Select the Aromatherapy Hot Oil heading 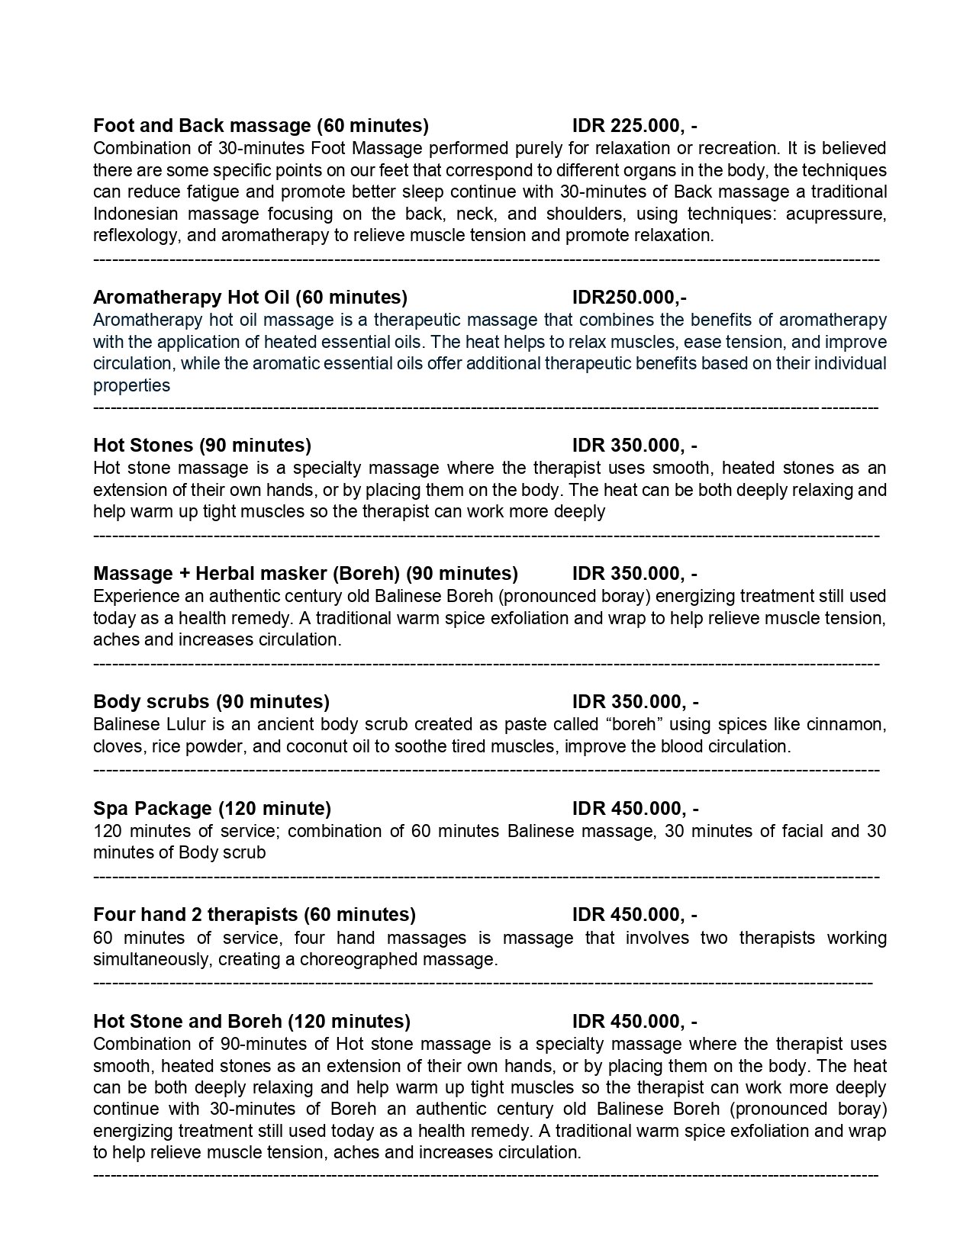(250, 297)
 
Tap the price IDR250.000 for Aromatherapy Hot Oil (629, 297)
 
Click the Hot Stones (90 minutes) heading (201, 445)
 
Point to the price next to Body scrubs (635, 701)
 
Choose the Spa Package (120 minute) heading (211, 808)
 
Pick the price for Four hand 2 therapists (634, 914)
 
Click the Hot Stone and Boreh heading (251, 1021)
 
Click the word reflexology (136, 235)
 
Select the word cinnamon (847, 724)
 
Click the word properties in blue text (131, 385)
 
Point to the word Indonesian (137, 214)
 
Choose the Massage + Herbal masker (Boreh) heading (305, 573)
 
